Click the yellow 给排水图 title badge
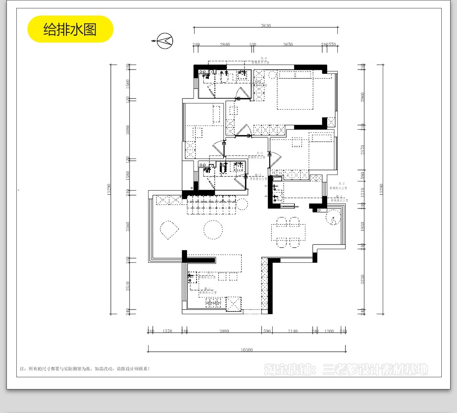70,29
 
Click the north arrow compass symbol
165,41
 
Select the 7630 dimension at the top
266,26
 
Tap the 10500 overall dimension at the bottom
246,350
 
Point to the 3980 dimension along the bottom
224,331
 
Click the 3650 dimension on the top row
288,44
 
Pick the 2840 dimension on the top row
225,44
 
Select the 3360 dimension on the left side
128,227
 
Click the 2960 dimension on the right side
363,97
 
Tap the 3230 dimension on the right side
363,280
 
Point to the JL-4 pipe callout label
263,59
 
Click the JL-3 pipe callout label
260,153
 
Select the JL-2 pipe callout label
341,184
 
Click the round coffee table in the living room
213,230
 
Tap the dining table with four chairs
288,232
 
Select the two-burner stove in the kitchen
214,303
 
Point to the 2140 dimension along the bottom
292,331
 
